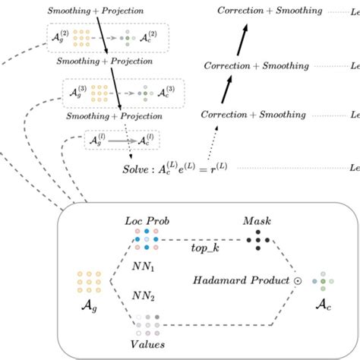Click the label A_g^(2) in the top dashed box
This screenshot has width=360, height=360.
(x=57, y=38)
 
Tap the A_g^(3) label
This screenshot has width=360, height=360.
(x=75, y=94)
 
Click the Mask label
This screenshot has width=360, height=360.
(x=257, y=222)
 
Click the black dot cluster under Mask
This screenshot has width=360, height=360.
(x=257, y=241)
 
